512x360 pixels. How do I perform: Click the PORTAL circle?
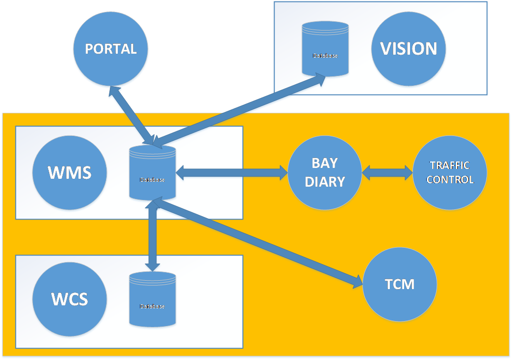click(110, 49)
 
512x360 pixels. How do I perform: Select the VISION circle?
click(409, 49)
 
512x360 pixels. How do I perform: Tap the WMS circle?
click(69, 173)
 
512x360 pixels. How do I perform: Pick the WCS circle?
click(69, 299)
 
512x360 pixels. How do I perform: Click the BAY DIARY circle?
click(325, 172)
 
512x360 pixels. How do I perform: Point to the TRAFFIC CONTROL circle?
click(450, 172)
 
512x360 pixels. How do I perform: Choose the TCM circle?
click(399, 284)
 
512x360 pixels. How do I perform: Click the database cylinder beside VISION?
click(325, 50)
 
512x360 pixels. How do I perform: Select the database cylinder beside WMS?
click(152, 173)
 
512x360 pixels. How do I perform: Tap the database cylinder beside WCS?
click(152, 299)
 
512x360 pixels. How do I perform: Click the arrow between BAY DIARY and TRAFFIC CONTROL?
click(387, 172)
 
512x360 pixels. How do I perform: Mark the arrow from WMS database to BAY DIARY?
click(232, 172)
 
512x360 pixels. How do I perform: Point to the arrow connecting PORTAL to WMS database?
click(132, 117)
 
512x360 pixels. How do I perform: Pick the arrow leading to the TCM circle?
click(256, 242)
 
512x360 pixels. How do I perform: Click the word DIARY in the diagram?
click(325, 182)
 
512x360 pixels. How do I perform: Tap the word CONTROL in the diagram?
click(450, 180)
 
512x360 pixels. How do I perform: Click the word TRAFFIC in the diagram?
click(450, 165)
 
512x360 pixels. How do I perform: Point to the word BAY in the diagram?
click(325, 163)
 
